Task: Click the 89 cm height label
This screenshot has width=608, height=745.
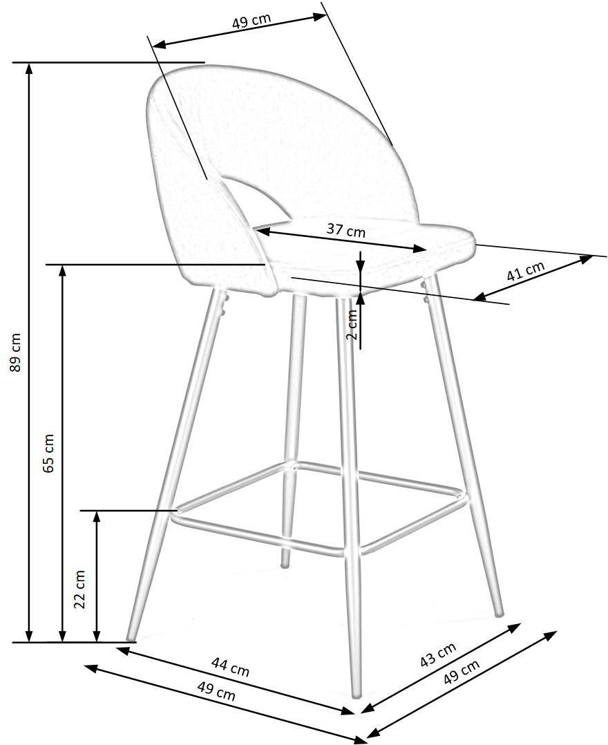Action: point(16,352)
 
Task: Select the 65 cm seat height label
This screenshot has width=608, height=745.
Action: point(49,453)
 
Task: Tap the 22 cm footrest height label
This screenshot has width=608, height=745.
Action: point(80,589)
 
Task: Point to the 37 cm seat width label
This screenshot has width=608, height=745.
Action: point(345,230)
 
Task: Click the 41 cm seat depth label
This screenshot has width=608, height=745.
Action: point(526,270)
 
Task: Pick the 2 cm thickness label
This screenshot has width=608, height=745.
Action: point(352,325)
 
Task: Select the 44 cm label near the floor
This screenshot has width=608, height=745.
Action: point(230,667)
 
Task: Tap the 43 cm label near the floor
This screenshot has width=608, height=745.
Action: point(438,654)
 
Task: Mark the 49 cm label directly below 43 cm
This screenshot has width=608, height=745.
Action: point(461,671)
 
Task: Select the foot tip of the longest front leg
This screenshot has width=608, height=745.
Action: point(357,695)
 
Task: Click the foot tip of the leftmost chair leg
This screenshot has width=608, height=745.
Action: point(129,636)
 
